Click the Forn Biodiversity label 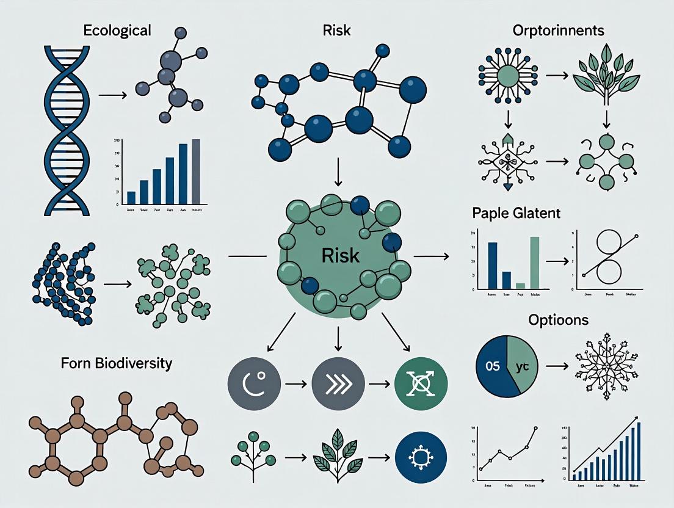[x=117, y=364]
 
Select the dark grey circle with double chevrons [x=338, y=386]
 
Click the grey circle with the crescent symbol [x=253, y=386]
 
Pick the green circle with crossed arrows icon [x=422, y=386]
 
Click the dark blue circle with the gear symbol [x=422, y=457]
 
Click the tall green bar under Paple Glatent [x=535, y=262]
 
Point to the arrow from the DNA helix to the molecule [x=112, y=95]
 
